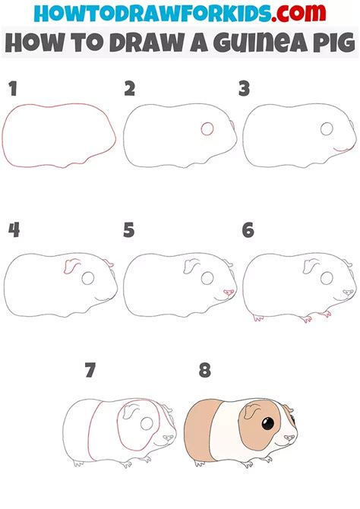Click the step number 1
click(x=11, y=90)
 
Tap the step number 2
click(x=130, y=90)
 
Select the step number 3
click(x=244, y=90)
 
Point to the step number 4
click(x=13, y=229)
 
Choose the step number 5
click(x=129, y=229)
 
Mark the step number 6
click(x=248, y=229)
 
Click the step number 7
click(x=90, y=371)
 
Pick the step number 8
click(x=204, y=371)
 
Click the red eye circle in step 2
click(x=207, y=130)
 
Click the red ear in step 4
click(x=73, y=266)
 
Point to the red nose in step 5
click(x=229, y=292)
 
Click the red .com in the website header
click(x=307, y=14)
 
